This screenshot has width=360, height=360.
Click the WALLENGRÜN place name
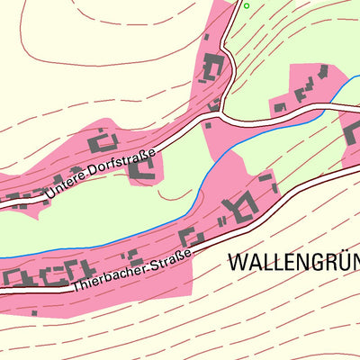[293, 263]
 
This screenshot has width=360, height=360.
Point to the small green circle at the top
[247, 6]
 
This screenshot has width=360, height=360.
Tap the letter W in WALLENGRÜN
[238, 263]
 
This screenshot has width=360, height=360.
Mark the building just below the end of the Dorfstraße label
[140, 168]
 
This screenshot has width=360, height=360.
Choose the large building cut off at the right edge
[352, 135]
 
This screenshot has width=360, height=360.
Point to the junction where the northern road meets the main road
[222, 113]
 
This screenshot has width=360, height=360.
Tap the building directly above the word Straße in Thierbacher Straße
[190, 238]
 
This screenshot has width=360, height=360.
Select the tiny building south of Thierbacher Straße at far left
[34, 313]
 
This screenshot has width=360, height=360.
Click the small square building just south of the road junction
[210, 125]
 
